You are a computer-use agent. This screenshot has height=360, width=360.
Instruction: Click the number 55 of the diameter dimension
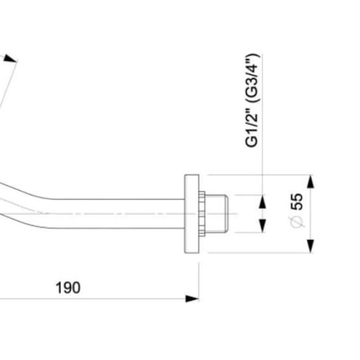click(x=296, y=202)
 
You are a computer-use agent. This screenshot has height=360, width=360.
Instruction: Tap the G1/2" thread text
click(x=252, y=129)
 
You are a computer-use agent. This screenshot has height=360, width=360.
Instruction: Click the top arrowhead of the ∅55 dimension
click(x=310, y=182)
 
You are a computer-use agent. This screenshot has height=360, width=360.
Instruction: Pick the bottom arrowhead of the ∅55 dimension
click(x=310, y=246)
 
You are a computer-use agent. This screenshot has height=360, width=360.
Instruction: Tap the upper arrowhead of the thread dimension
click(x=263, y=202)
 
